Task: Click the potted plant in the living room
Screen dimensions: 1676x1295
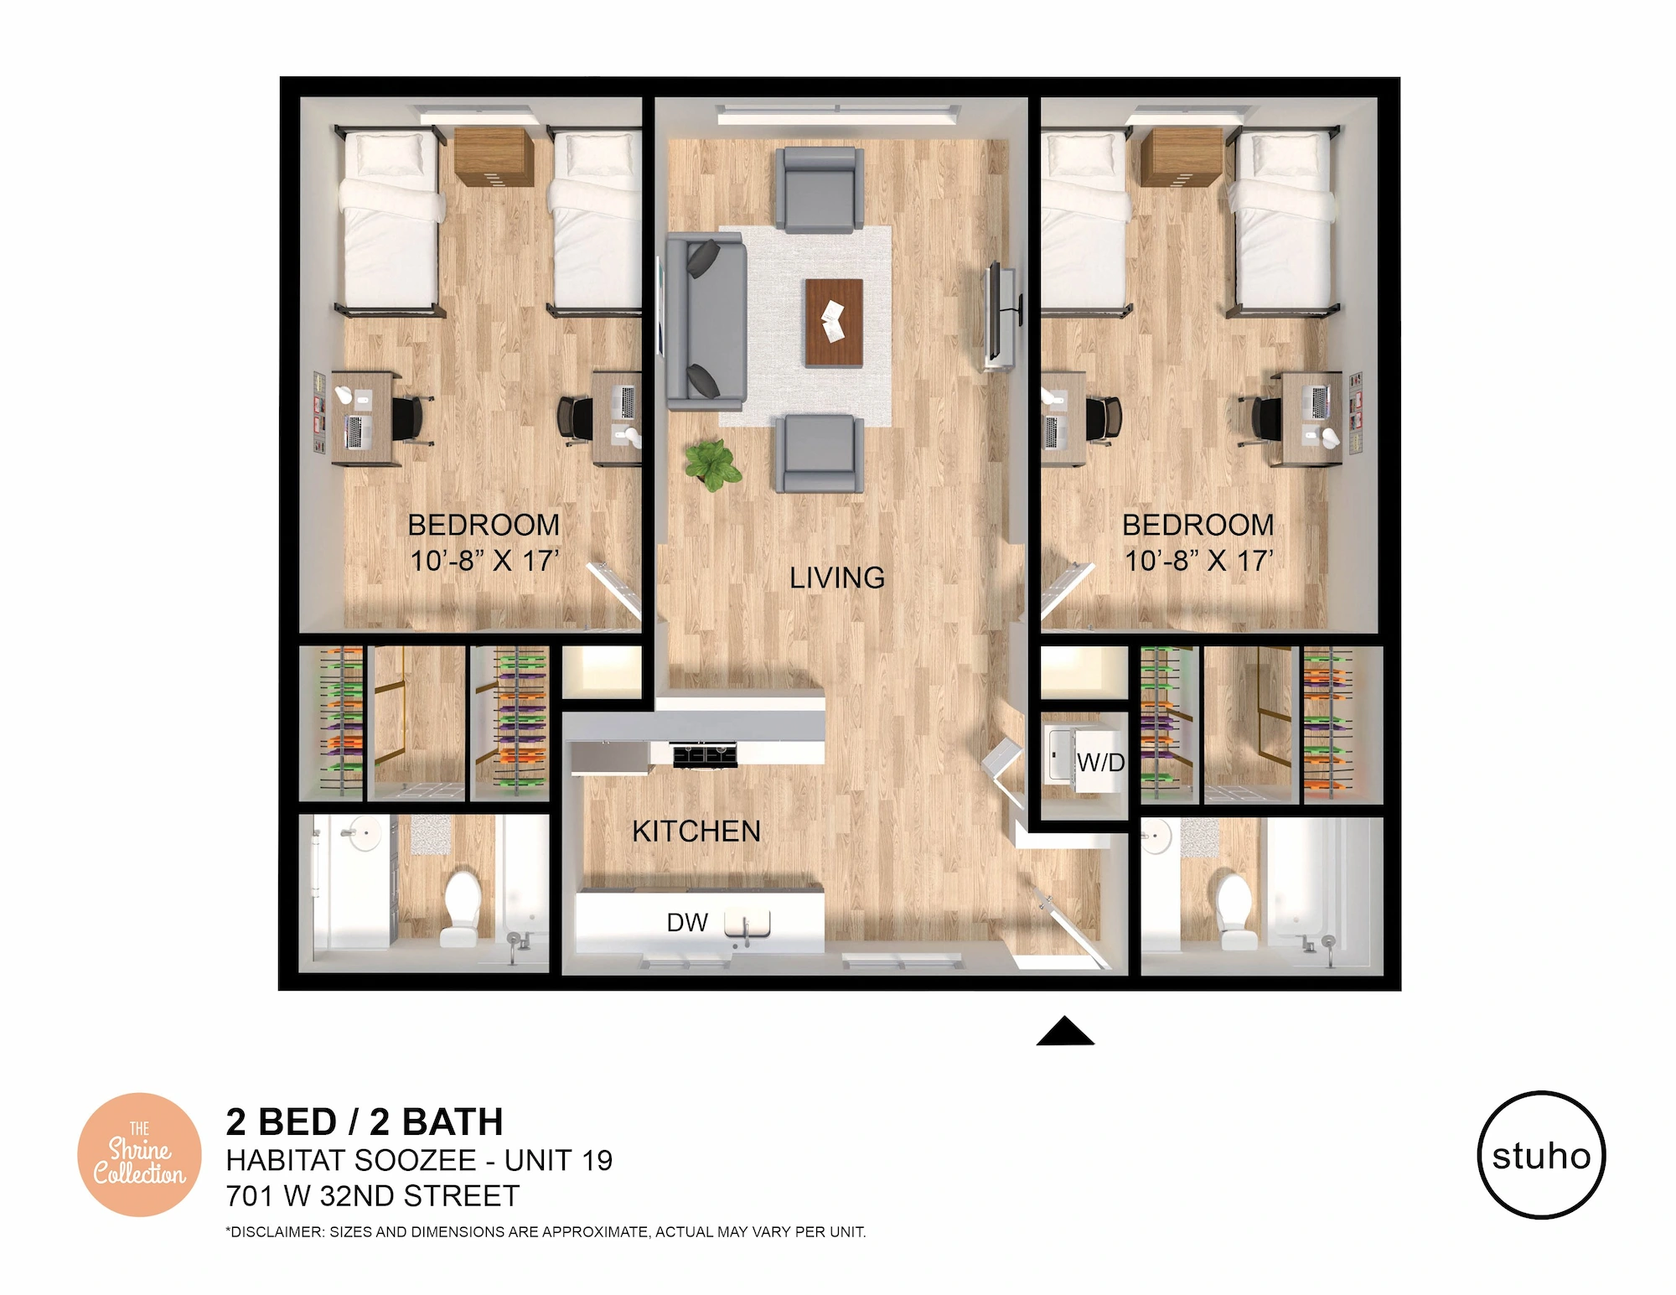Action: pos(713,465)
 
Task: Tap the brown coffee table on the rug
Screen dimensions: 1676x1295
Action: pos(834,323)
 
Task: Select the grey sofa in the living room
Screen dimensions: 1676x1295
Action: pos(706,321)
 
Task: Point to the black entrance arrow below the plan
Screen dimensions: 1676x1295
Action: pos(1065,1031)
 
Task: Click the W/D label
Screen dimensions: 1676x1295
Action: pos(1100,763)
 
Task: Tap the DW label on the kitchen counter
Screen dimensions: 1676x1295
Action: pos(687,923)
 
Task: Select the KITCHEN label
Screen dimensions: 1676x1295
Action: pos(696,831)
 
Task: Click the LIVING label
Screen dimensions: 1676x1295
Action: pos(837,578)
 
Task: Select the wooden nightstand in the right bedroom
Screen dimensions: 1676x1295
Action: pos(1182,157)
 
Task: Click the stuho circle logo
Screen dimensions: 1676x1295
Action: pos(1541,1154)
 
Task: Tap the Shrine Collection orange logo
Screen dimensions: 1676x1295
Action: pos(139,1155)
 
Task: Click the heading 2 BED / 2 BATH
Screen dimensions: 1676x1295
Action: pos(365,1121)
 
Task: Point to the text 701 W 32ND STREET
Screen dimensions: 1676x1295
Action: pos(373,1196)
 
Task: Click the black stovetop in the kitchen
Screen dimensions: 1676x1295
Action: pos(706,754)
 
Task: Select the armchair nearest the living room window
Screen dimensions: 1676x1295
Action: pos(820,189)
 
